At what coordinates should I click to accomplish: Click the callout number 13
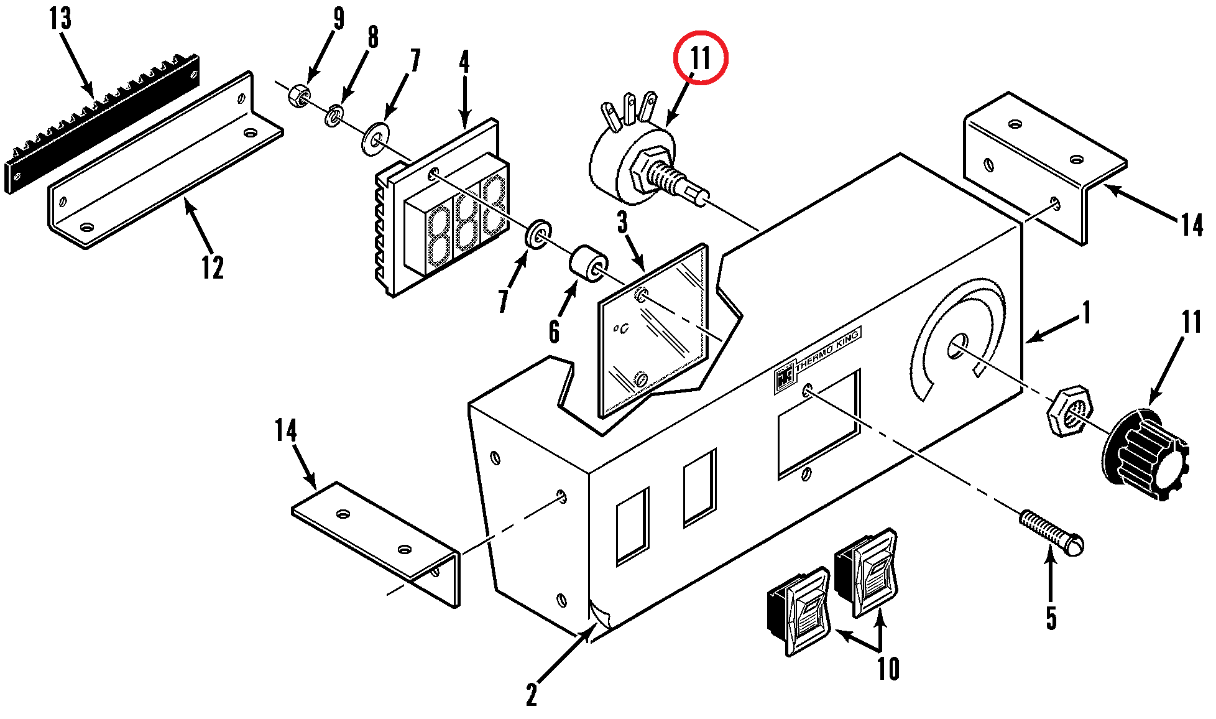60,19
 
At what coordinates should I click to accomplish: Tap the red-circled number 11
701,57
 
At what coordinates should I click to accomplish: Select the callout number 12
212,267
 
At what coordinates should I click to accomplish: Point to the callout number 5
1051,618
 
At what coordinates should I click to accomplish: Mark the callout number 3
622,222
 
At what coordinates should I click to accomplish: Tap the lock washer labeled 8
334,116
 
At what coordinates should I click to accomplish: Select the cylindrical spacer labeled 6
588,264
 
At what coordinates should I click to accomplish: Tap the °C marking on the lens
620,328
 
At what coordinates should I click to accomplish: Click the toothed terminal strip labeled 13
103,124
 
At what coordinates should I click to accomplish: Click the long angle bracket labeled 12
165,160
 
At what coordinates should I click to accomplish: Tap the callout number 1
1086,313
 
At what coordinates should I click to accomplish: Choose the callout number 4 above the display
464,62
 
